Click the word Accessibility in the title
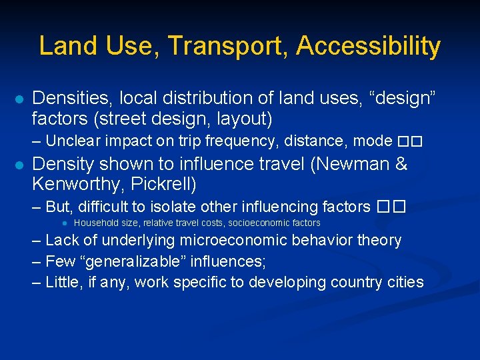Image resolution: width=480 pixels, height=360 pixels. (x=368, y=46)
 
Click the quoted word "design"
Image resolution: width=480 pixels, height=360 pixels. (x=407, y=99)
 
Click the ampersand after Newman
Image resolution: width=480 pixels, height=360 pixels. (x=401, y=163)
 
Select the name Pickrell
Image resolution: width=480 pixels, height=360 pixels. (x=171, y=183)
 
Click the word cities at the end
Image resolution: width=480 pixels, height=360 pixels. (x=403, y=282)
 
